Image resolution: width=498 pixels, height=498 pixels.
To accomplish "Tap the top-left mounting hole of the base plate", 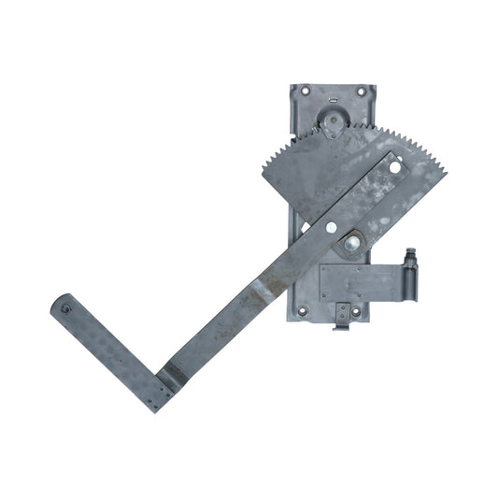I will click(305, 91).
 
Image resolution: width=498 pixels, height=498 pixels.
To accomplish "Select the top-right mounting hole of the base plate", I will click(363, 91).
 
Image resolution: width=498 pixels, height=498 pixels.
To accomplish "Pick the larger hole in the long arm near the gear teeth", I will click(394, 168).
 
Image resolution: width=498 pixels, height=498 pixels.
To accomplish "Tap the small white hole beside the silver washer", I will click(333, 229).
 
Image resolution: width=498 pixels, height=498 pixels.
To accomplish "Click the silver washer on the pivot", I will click(354, 246).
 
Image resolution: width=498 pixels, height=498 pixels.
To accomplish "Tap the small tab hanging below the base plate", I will click(343, 321).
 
